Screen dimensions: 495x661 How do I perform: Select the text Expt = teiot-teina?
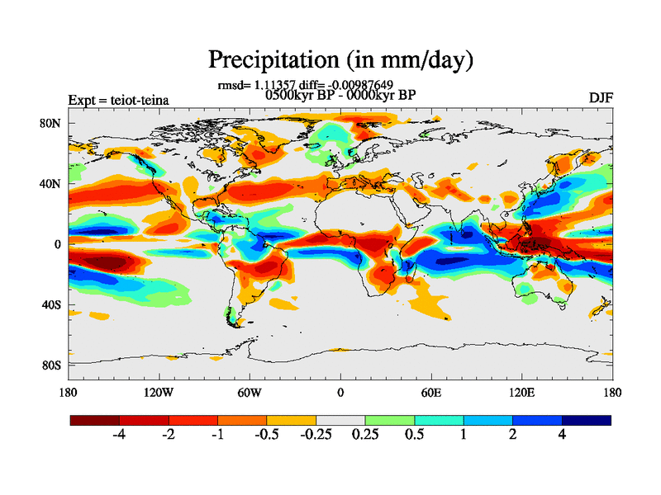(118, 101)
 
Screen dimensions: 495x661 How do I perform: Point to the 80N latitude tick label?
(52, 124)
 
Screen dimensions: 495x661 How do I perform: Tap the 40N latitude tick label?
(52, 184)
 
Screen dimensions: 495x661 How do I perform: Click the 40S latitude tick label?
(52, 304)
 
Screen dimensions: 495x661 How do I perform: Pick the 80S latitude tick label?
(52, 365)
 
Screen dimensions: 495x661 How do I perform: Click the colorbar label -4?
(119, 434)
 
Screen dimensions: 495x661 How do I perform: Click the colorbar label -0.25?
(314, 434)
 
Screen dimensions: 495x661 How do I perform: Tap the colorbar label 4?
(562, 434)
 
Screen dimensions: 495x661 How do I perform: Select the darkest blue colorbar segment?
(587, 420)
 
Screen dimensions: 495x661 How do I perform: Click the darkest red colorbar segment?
(94, 420)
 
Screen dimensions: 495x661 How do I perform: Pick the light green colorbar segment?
(389, 420)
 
